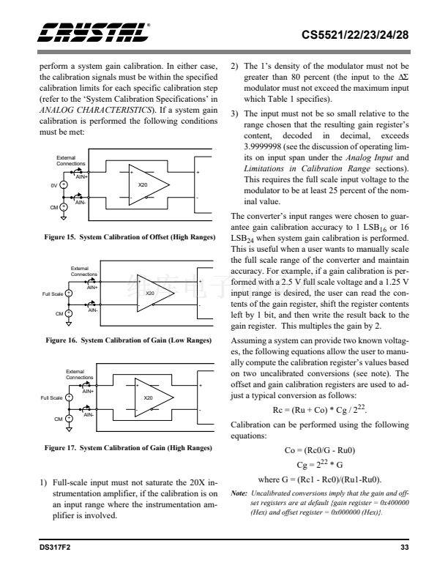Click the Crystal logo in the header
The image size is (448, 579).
point(94,31)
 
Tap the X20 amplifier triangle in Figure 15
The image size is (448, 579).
point(147,186)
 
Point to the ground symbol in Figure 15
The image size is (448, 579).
point(64,217)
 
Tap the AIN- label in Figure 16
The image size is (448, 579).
point(93,310)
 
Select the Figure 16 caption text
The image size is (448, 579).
point(128,341)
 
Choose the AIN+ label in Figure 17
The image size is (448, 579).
point(87,392)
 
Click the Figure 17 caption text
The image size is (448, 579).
point(128,447)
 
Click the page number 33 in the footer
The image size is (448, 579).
point(404,547)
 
